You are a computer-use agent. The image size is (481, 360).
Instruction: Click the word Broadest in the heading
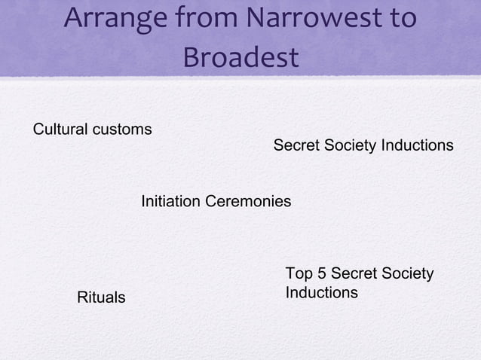tap(240, 57)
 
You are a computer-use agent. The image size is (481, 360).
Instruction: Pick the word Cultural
tap(60, 130)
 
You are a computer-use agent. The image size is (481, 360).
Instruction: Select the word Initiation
tap(170, 202)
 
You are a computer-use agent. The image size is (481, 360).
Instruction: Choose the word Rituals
tap(102, 298)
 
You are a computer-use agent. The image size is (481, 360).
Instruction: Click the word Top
tap(299, 273)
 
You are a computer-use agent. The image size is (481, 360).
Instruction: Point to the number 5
tap(321, 273)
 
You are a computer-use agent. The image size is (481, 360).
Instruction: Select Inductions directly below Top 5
tap(322, 292)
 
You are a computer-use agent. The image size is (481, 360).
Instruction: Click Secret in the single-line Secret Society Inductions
tap(296, 145)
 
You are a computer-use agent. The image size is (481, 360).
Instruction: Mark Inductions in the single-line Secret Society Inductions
tap(417, 145)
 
